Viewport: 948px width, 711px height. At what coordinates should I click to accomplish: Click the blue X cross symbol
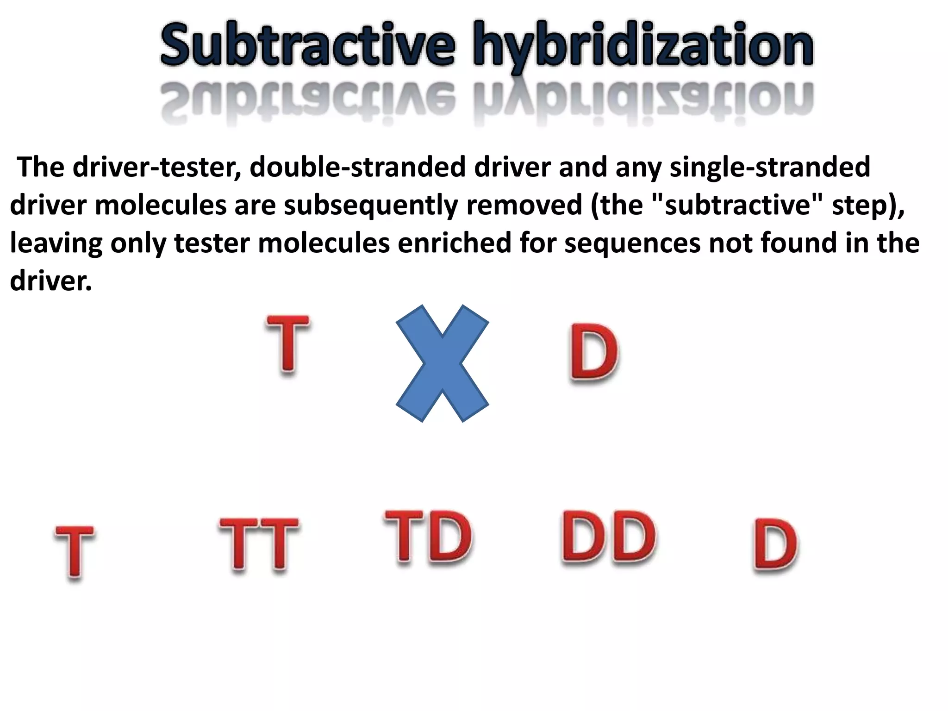click(443, 363)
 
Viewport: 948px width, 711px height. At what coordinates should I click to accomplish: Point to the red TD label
click(428, 537)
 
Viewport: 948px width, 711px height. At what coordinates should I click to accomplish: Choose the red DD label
click(608, 537)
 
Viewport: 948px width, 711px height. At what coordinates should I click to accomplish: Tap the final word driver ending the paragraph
click(50, 281)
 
